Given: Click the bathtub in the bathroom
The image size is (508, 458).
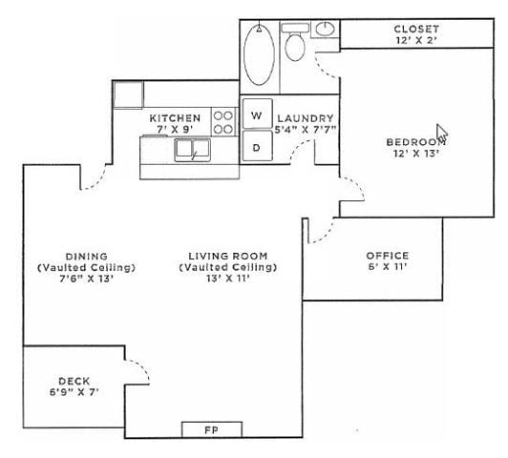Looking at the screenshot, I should tap(258, 54).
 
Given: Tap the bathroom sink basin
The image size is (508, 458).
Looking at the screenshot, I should tap(325, 29).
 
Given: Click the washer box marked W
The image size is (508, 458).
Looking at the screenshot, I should tap(256, 115).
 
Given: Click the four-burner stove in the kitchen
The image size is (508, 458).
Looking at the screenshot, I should tap(223, 121).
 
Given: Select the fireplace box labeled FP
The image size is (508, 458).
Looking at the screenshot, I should tap(211, 429).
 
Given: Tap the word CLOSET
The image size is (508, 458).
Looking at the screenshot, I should tap(416, 29).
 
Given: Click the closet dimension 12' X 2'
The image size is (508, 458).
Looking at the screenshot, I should tap(416, 41).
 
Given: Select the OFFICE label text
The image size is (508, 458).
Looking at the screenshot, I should tap(387, 256).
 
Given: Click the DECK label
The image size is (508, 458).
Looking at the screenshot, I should tap(74, 379).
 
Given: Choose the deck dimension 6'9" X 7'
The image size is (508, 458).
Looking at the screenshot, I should tap(74, 391).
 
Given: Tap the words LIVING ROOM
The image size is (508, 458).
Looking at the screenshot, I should tap(227, 256).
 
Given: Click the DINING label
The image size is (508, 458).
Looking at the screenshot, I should tap(86, 256).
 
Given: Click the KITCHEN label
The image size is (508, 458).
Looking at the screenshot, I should tap(176, 117).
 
